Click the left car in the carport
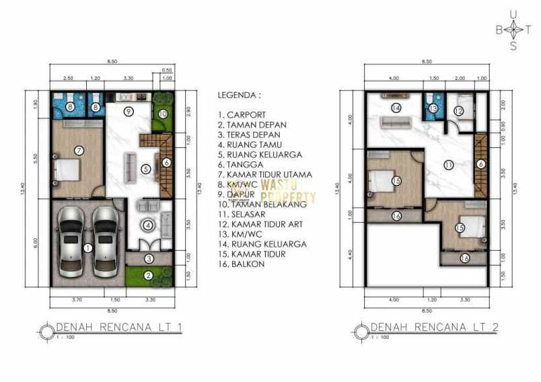69,240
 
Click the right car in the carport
104,240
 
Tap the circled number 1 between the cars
87,247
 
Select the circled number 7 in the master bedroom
79,150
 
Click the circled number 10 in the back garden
162,113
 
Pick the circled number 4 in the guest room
147,225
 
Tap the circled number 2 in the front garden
147,274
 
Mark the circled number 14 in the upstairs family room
396,108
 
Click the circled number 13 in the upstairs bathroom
433,108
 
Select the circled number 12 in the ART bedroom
458,111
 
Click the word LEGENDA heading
238,95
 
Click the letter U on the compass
514,13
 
